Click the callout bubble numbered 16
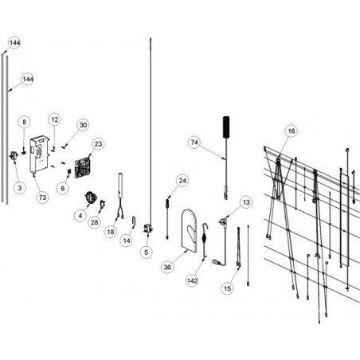[292, 131]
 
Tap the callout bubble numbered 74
[194, 143]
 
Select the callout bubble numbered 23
[98, 144]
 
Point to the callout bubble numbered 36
[167, 267]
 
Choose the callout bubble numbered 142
[192, 280]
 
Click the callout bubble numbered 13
[246, 202]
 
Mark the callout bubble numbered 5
[147, 252]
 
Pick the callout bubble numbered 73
[42, 198]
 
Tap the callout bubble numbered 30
[83, 125]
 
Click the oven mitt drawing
[190, 230]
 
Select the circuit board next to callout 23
[83, 168]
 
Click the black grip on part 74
[226, 127]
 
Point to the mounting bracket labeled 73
[39, 155]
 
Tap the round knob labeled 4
[91, 198]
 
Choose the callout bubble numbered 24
[182, 181]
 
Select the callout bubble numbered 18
[111, 232]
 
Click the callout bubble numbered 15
[228, 288]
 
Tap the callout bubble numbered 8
[24, 122]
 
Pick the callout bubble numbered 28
[95, 222]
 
